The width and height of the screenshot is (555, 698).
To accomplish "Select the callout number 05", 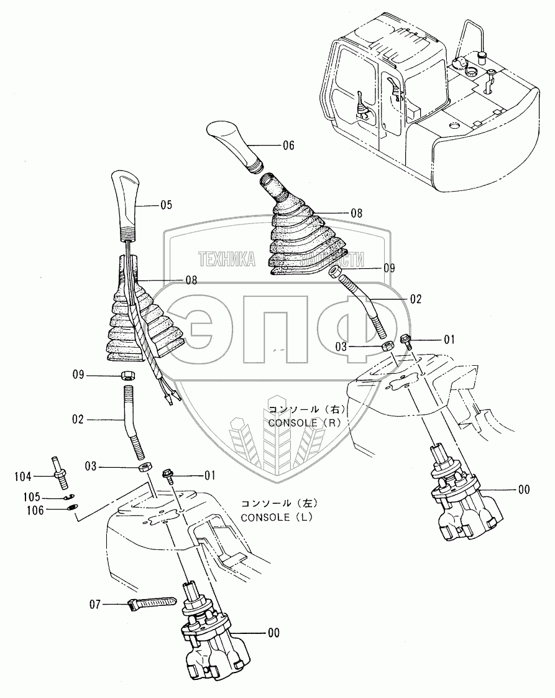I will click(167, 203).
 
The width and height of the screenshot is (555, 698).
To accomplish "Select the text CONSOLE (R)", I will click(306, 422).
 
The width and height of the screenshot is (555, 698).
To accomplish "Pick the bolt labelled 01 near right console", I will click(407, 341).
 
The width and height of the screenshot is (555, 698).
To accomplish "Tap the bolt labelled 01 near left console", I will click(167, 475).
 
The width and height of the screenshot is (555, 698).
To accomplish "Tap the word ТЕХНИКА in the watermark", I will click(226, 259).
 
